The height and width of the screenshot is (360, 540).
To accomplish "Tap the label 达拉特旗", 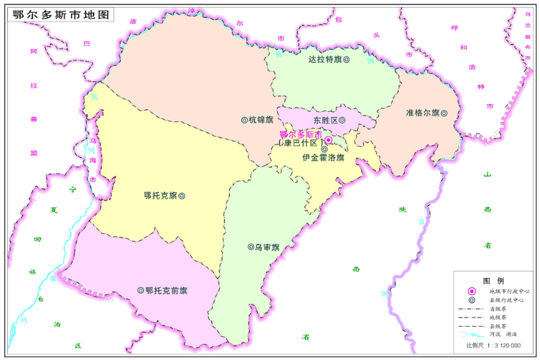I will click(324, 60).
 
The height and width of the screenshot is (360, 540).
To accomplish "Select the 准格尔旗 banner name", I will click(423, 113).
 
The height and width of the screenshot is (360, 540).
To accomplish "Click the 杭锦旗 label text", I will click(261, 120).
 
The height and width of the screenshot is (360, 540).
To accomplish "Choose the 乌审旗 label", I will click(266, 247).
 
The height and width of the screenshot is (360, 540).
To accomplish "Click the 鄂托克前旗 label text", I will click(166, 291).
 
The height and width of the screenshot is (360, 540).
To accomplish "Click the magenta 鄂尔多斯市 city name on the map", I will click(301, 135).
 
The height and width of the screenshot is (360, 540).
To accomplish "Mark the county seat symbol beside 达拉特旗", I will click(346, 60).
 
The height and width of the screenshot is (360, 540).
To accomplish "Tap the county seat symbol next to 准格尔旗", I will click(446, 113).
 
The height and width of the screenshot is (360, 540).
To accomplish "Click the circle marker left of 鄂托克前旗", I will click(140, 291).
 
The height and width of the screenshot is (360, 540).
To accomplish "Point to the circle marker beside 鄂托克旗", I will click(181, 195).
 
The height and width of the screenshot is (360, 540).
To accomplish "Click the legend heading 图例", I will click(494, 280).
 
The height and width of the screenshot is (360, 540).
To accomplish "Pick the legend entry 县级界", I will click(500, 326).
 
